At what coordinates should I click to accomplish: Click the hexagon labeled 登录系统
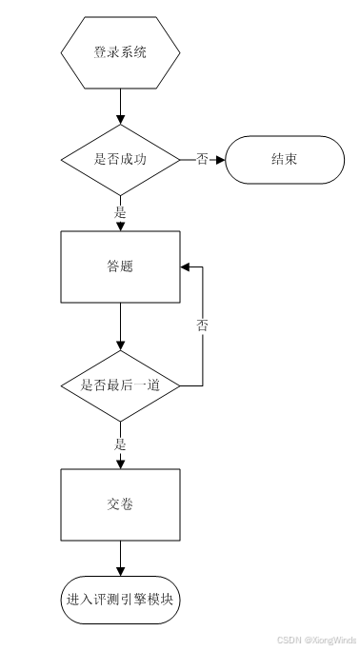click(120, 52)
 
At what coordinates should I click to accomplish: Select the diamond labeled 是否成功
click(120, 160)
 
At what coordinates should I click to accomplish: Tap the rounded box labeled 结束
click(284, 160)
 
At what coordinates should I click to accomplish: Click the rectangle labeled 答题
click(120, 266)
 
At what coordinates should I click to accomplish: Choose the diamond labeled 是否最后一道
click(120, 386)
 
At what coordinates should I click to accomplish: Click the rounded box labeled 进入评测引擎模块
click(120, 601)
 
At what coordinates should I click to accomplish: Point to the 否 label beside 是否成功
click(202, 160)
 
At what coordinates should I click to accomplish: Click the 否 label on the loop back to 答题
click(203, 326)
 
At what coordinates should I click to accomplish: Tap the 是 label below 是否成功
click(120, 213)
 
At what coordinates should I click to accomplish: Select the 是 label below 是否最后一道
click(120, 444)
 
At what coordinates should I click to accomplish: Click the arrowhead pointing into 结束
click(220, 160)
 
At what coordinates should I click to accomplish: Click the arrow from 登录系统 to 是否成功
click(120, 105)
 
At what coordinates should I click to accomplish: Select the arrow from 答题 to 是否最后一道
click(120, 326)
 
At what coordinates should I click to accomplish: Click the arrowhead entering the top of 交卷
click(120, 464)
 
